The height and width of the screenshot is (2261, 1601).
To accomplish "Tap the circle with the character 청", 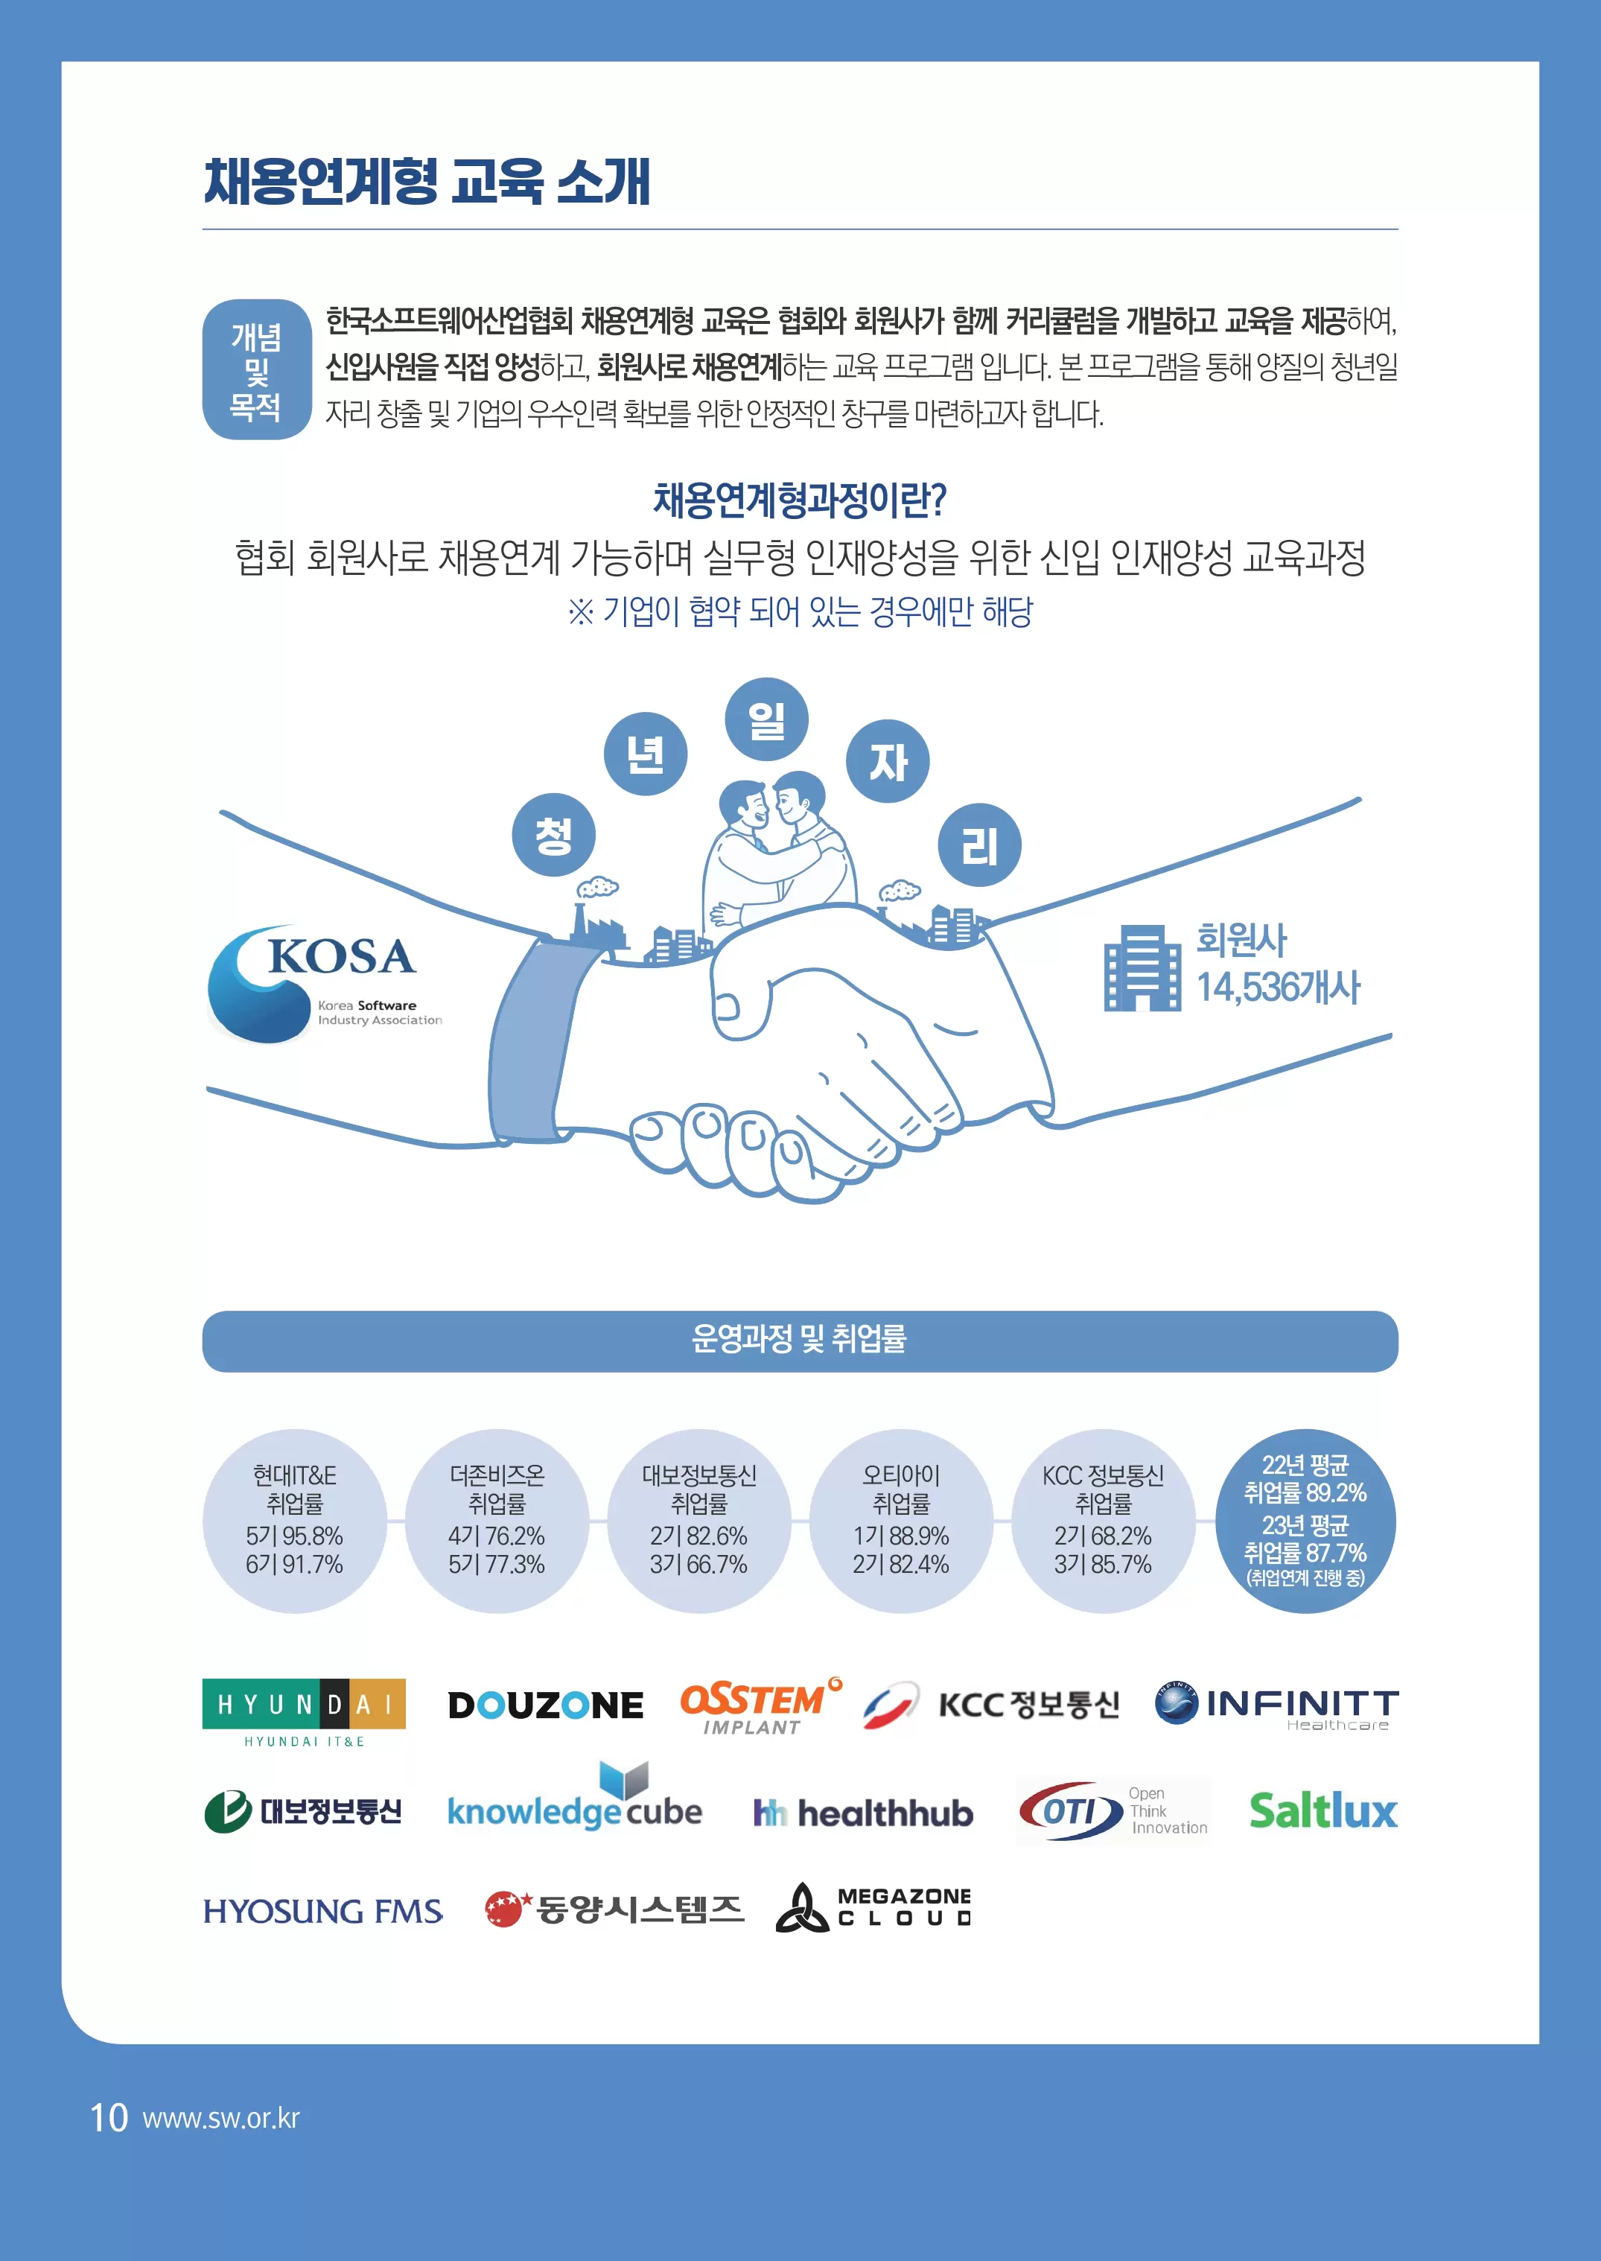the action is click(x=553, y=835).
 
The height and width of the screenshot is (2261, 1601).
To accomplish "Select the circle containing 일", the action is click(x=766, y=719).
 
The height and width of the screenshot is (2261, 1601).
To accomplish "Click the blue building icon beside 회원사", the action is click(x=1141, y=967).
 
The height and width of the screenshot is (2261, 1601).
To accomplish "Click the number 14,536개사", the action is click(x=1278, y=987).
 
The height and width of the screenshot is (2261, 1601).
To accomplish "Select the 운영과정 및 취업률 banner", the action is click(x=800, y=1340).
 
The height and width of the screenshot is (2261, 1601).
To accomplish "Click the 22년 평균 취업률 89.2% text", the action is click(x=1305, y=1479).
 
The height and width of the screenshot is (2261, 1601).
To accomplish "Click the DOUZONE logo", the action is click(x=545, y=1705).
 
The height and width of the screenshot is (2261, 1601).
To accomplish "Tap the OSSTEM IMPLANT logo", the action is click(x=759, y=1707).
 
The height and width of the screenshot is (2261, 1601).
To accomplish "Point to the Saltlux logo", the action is click(x=1323, y=1810).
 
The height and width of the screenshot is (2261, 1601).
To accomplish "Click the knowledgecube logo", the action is click(x=575, y=1802).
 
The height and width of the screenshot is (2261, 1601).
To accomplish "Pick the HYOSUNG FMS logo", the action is click(x=323, y=1911).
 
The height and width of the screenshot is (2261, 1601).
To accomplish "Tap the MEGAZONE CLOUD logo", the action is click(x=873, y=1907).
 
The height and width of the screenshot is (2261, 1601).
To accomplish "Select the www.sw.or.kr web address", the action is click(x=221, y=2118).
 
